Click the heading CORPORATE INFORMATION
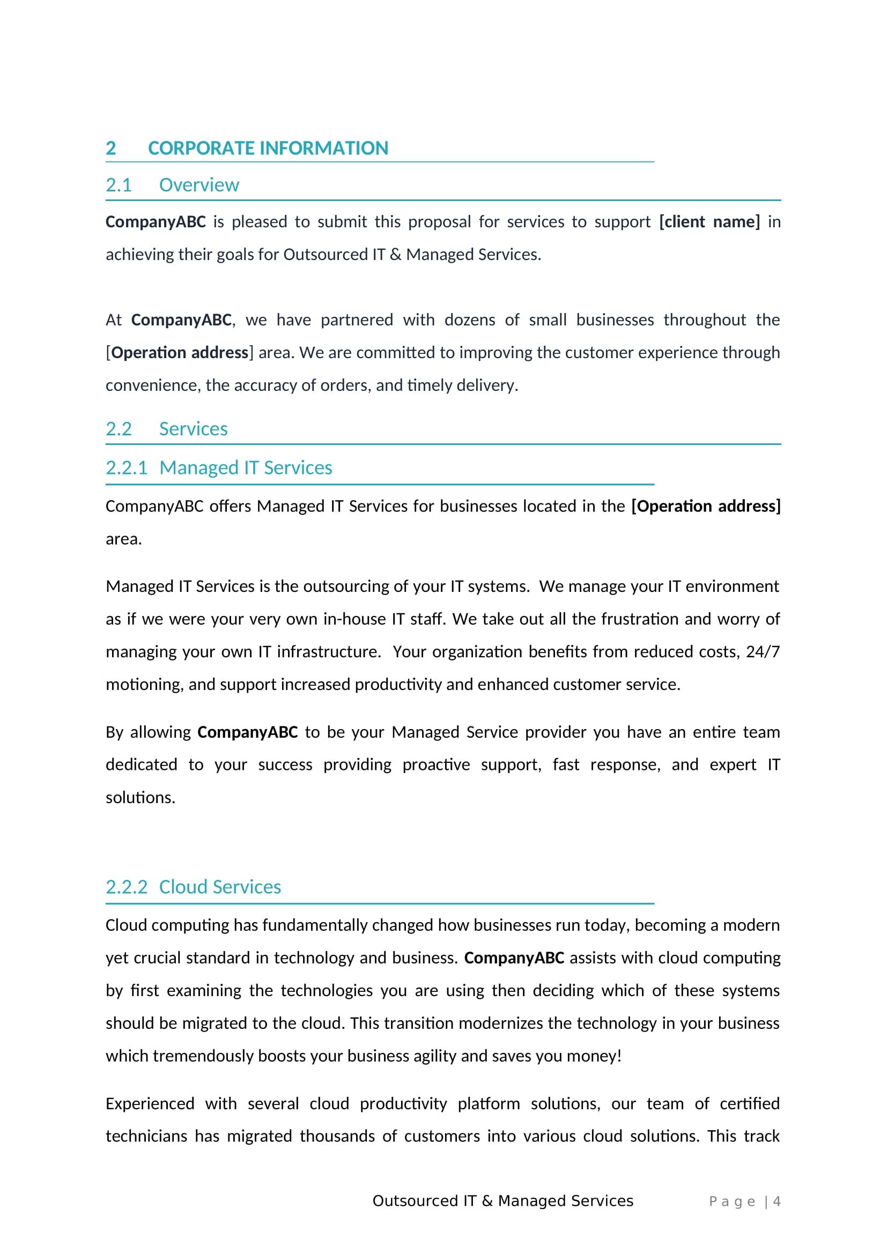coord(268,148)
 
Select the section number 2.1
coord(119,185)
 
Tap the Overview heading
coord(199,185)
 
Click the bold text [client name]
coord(709,222)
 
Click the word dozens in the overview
coord(469,320)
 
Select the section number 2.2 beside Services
coord(119,429)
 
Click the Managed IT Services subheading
coord(245,468)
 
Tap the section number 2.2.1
coord(126,468)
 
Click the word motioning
coord(144,684)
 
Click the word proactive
coord(436,765)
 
